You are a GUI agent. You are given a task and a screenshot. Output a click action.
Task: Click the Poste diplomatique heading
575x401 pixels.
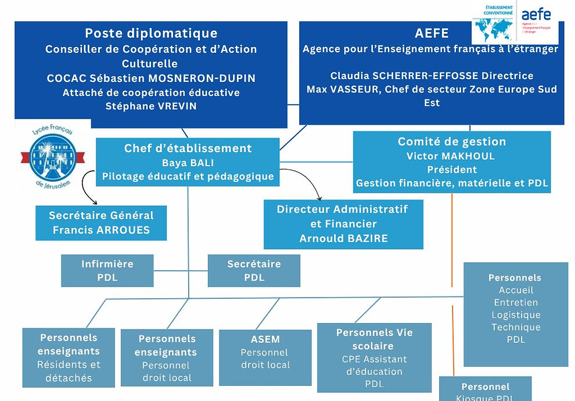click(x=151, y=33)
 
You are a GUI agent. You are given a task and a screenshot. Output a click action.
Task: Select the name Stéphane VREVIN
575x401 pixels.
click(x=151, y=106)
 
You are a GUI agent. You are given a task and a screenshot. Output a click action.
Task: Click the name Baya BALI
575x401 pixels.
click(x=188, y=163)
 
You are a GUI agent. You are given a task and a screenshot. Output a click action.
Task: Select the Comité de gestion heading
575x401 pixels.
click(x=451, y=142)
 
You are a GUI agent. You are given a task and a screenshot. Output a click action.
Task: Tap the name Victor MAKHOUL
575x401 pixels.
click(x=451, y=156)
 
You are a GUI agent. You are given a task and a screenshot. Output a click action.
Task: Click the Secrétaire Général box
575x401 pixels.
click(x=101, y=223)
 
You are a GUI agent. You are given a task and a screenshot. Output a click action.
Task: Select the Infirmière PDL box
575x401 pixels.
click(x=107, y=271)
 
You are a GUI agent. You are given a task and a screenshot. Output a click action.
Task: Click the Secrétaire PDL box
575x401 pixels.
click(x=254, y=271)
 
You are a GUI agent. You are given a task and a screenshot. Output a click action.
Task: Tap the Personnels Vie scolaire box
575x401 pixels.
click(x=374, y=357)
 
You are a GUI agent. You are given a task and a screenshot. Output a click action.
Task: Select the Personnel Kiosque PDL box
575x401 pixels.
click(x=485, y=391)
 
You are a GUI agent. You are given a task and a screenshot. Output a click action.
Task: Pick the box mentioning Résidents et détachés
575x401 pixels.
click(x=69, y=357)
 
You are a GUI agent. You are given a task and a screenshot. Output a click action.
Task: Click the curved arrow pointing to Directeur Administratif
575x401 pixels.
click(x=308, y=184)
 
